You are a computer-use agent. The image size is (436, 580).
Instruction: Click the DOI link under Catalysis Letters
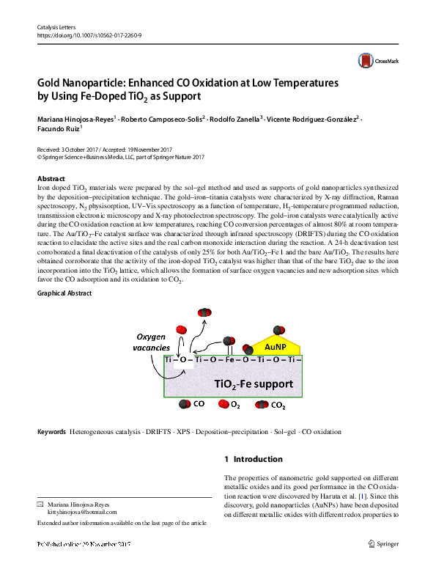89,34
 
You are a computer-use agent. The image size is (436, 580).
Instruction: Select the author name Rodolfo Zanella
234,119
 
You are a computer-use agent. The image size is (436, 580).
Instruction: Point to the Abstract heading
51,179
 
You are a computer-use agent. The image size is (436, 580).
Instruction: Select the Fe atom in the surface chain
229,360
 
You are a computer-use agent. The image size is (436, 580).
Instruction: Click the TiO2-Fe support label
254,383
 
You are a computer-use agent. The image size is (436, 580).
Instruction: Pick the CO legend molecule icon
184,404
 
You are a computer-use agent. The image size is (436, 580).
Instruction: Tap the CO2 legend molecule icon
262,404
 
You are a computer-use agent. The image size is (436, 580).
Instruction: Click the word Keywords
51,432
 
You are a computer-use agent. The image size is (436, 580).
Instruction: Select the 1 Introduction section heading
253,459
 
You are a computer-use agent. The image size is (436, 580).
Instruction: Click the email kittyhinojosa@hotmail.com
77,514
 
